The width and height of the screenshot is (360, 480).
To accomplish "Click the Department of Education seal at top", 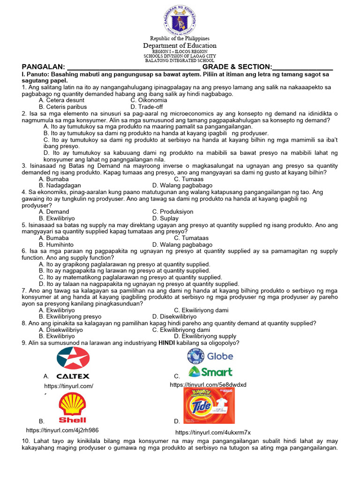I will point(180,20).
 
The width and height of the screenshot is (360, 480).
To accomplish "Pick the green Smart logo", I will point(210,372).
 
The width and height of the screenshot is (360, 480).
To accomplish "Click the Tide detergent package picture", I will point(209,405).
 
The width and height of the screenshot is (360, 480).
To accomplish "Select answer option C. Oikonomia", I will point(149,100).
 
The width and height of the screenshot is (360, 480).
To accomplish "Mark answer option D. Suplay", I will point(165,218).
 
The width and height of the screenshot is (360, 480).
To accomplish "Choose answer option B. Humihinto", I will point(56,245).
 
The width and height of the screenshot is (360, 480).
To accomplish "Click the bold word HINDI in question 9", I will point(166,343).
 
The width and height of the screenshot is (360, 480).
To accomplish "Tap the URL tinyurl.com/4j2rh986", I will point(62,430).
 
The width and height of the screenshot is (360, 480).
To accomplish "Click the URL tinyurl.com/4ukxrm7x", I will point(213,432).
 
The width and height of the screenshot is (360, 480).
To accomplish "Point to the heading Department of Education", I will point(180,45).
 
